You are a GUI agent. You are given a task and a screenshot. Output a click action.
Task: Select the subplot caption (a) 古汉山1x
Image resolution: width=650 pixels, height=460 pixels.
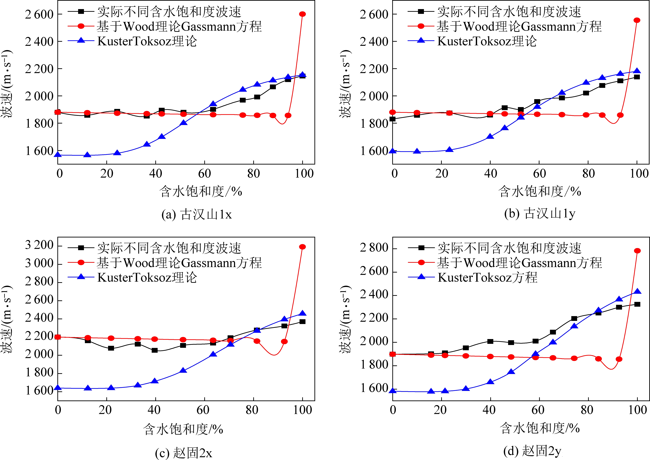(x=196, y=214)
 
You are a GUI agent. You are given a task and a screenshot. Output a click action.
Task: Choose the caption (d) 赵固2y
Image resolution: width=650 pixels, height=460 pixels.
(x=532, y=451)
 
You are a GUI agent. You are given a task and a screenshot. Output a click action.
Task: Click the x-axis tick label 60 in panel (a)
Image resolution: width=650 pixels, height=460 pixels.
(x=204, y=173)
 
